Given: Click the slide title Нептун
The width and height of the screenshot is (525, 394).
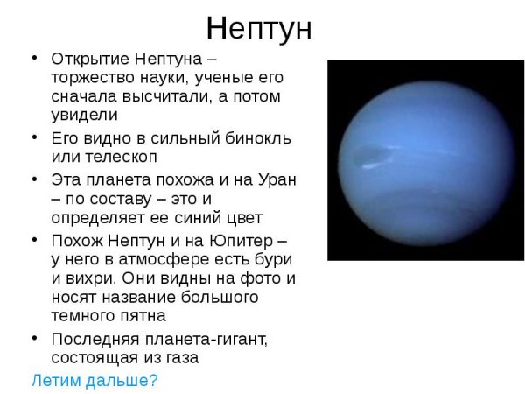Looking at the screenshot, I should coord(259,28).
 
